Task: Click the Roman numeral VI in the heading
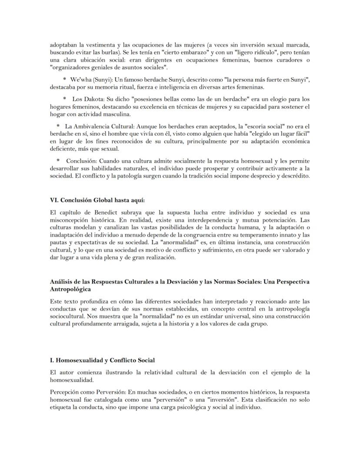click(x=54, y=200)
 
